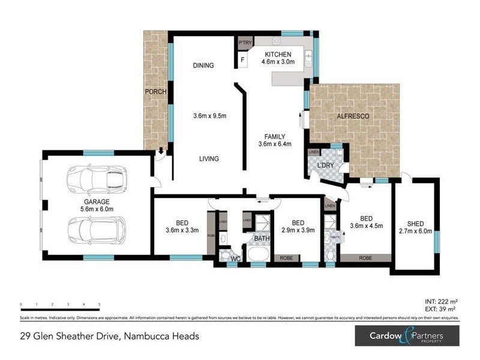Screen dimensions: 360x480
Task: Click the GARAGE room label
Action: [x=97, y=202]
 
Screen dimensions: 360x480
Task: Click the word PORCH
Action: [x=156, y=92]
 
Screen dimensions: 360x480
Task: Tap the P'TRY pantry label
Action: [x=245, y=43]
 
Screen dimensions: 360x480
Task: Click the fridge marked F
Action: [x=243, y=60]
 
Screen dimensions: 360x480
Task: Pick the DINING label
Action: [x=203, y=65]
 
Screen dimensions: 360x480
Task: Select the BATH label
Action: [x=261, y=238]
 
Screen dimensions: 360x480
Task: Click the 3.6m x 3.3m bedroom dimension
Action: [x=181, y=229]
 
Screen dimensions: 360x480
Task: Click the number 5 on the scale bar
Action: [x=99, y=305]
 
